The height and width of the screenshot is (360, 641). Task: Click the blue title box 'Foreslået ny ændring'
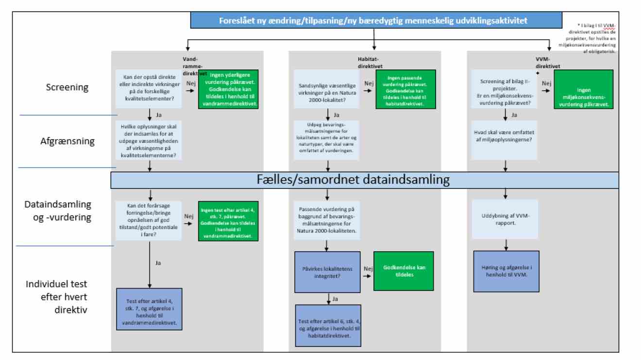(x=373, y=20)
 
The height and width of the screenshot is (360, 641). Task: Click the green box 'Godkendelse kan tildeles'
(x=403, y=271)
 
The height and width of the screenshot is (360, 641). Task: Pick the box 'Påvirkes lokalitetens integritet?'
(x=327, y=273)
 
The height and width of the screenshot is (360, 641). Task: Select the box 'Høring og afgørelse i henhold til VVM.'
(x=506, y=271)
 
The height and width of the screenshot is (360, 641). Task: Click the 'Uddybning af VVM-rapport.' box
(x=506, y=219)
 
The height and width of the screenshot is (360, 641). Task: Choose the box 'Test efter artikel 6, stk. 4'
(x=327, y=325)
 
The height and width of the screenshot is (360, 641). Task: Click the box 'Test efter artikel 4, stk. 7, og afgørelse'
(x=149, y=309)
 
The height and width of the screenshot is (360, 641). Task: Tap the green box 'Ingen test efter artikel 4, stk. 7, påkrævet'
(x=228, y=221)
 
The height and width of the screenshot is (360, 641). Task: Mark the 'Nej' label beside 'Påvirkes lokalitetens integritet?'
(x=367, y=269)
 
